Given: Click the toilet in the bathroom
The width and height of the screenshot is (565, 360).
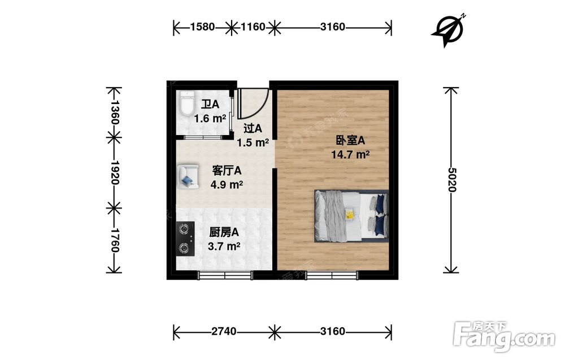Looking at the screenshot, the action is tap(186, 104).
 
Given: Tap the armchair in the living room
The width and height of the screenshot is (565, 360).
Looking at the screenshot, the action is tap(188, 176).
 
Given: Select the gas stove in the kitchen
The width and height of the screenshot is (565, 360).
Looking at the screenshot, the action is tap(185, 238).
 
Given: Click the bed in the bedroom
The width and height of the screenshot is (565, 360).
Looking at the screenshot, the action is tap(351, 215).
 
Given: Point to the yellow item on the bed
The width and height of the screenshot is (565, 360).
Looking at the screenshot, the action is tap(349, 214).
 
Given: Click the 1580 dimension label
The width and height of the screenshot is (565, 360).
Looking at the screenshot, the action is tap(202, 27).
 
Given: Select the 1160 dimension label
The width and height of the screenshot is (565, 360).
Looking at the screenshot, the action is tap(253, 27).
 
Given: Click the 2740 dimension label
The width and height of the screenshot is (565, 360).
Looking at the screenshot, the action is tap(224, 331).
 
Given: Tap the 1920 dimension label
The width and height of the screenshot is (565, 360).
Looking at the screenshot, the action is tap(114, 172).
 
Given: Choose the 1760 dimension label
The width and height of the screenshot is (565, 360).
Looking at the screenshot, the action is tap(114, 240).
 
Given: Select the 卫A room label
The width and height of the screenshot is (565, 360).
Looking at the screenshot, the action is tap(210, 105).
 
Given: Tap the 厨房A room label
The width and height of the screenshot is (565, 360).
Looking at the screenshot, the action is tap(224, 232).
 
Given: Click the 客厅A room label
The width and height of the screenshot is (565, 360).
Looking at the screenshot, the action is tap(227, 170).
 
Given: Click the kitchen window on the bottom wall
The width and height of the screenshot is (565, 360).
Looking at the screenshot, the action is tap(225, 275).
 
